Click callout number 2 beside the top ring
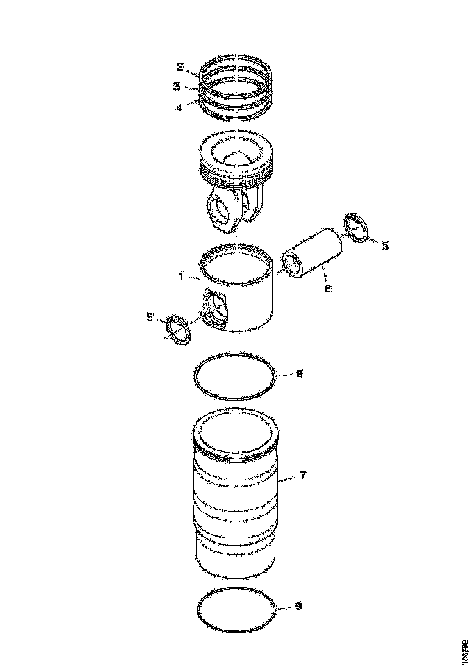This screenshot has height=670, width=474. (180, 66)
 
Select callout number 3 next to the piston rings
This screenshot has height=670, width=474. (176, 86)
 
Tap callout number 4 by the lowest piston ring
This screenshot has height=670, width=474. (179, 108)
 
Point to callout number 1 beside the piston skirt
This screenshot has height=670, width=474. (182, 277)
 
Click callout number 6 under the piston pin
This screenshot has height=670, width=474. (328, 288)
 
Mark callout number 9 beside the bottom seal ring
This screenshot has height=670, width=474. (297, 606)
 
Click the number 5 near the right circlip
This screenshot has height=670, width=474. (385, 245)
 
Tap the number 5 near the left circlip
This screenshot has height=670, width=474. (150, 316)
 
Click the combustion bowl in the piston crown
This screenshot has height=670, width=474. (236, 160)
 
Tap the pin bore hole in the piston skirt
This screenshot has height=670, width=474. (216, 308)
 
